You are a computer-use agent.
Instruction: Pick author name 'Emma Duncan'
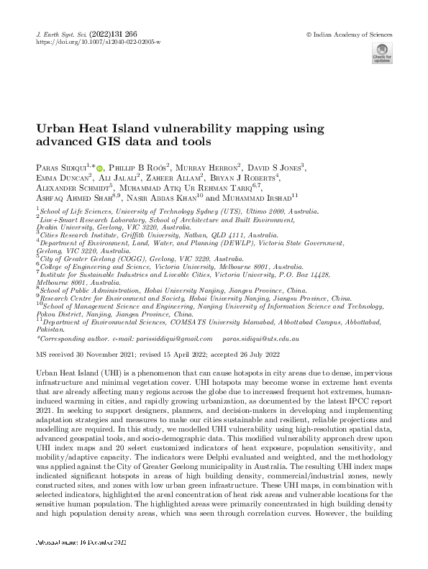point(61,177)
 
